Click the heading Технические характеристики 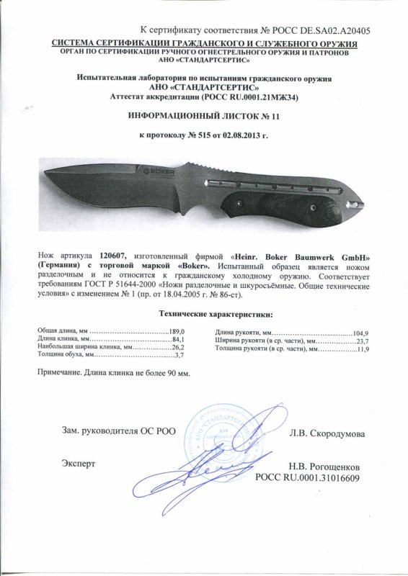(204, 313)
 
